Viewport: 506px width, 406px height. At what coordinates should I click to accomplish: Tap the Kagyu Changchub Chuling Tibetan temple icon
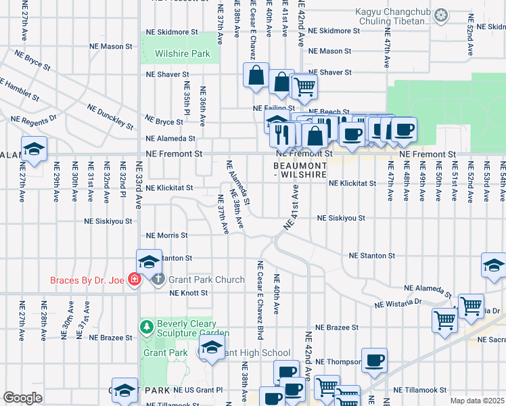[x=442, y=14]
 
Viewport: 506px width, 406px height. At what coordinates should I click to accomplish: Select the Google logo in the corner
[x=22, y=398]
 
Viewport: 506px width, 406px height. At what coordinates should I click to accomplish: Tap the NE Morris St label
[x=167, y=235]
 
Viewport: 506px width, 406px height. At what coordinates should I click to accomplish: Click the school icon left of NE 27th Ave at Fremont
[x=33, y=149]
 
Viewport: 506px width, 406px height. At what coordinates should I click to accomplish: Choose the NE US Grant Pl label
[x=198, y=390]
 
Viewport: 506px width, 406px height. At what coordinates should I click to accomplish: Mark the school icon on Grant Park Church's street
[x=149, y=261]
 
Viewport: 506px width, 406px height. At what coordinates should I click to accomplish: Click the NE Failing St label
[x=273, y=108]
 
